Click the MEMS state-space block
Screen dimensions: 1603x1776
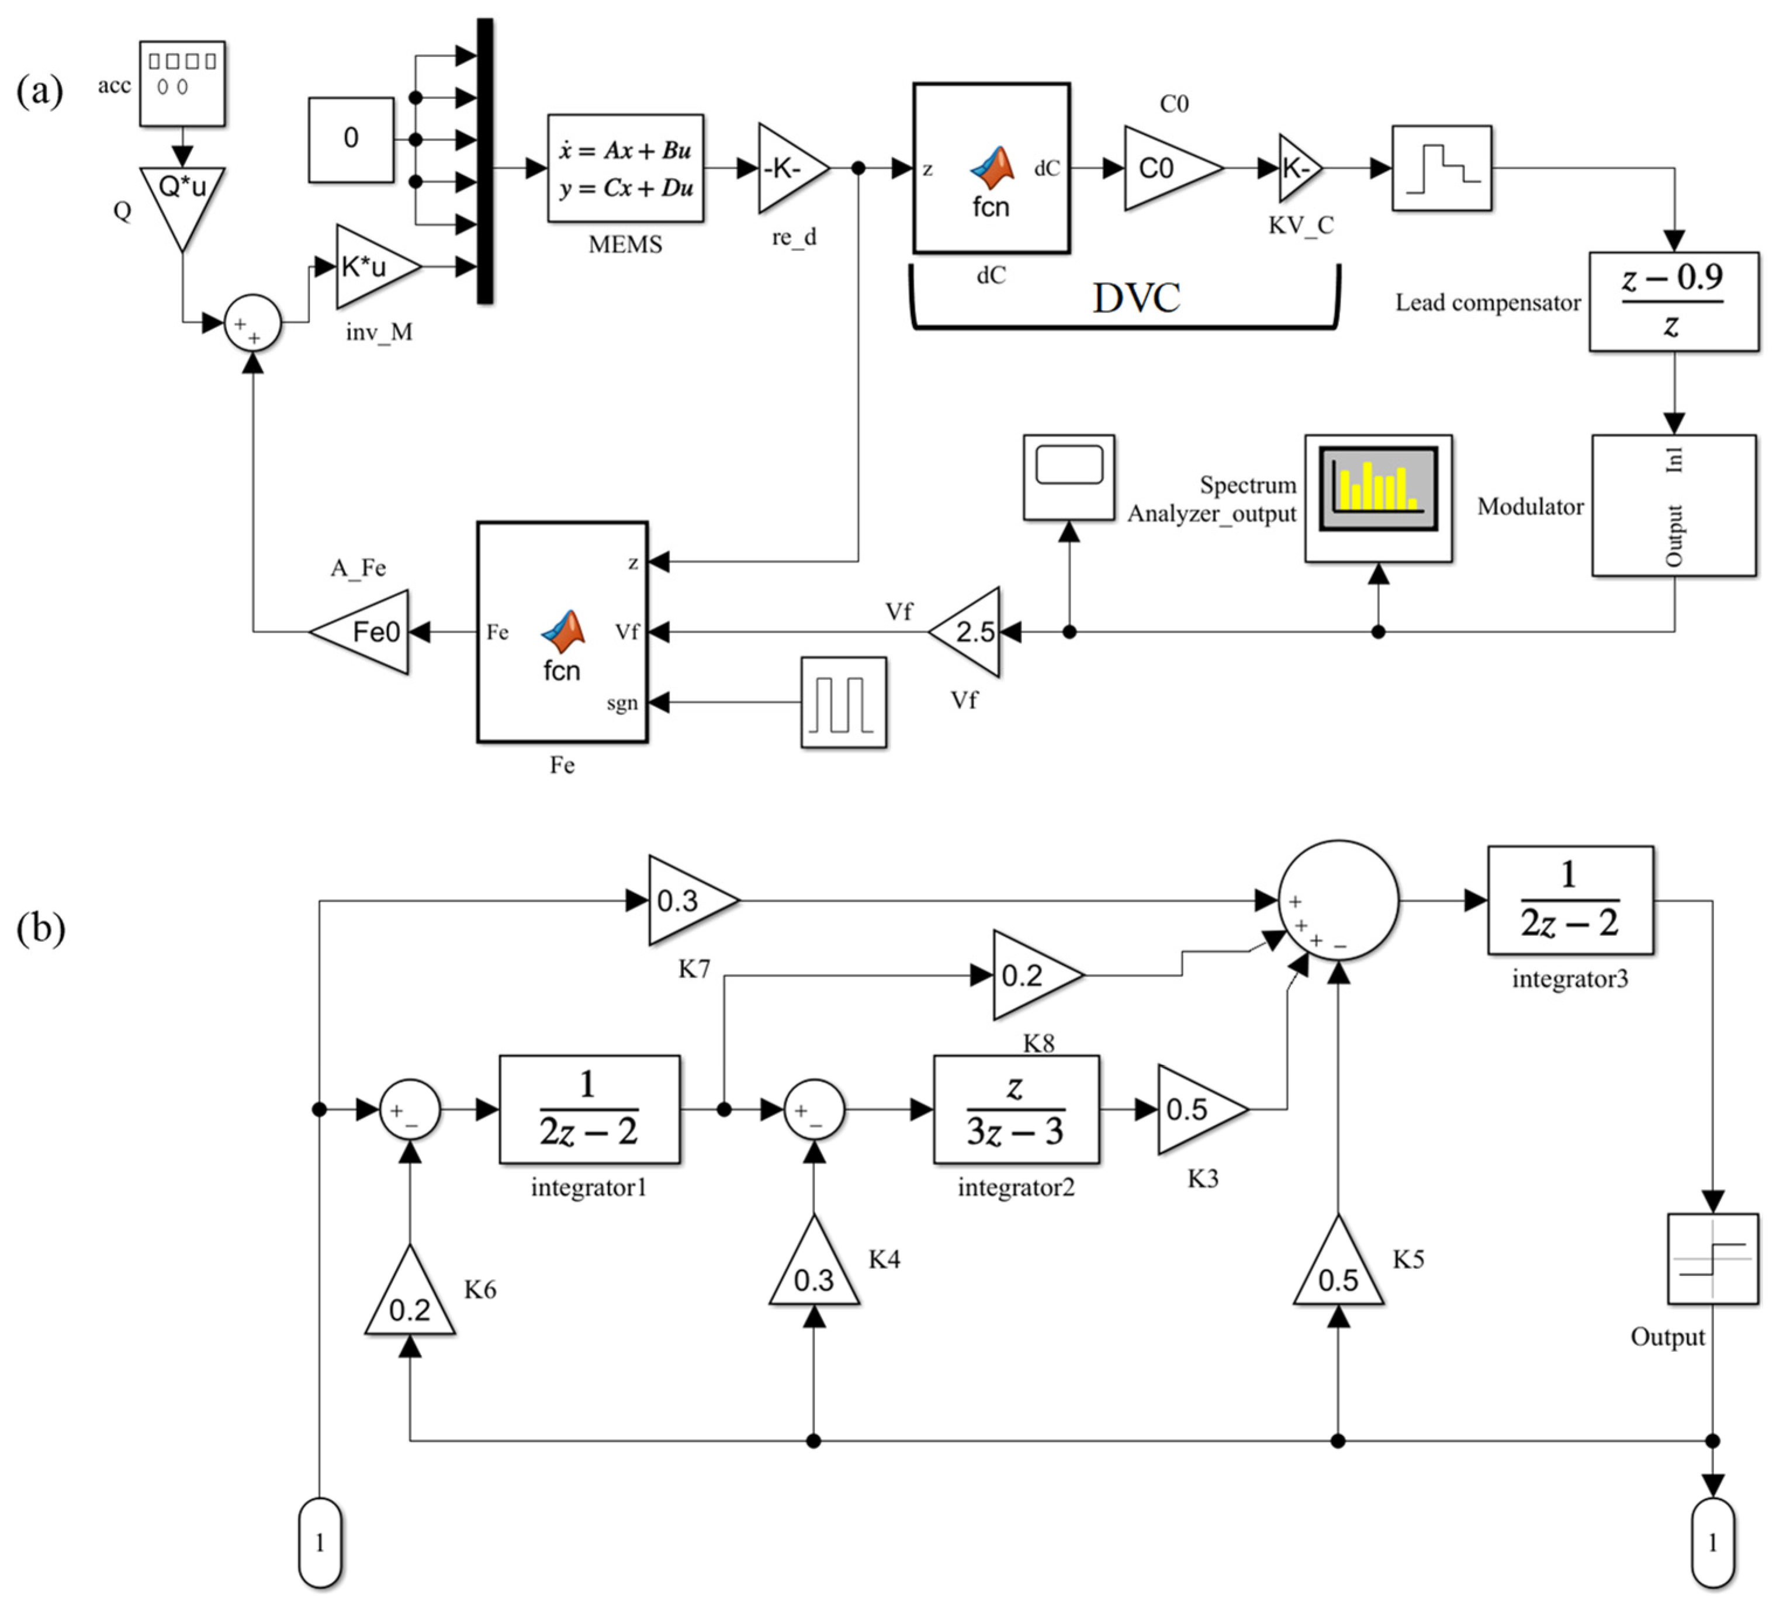pyautogui.click(x=625, y=168)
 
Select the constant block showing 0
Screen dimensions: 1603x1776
pyautogui.click(x=351, y=139)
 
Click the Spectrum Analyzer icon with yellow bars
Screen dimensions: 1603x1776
pyautogui.click(x=1378, y=490)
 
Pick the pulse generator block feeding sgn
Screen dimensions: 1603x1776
pyautogui.click(x=843, y=702)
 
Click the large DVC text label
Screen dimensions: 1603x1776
pyautogui.click(x=1137, y=298)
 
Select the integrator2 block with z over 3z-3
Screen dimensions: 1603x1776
pyautogui.click(x=1016, y=1110)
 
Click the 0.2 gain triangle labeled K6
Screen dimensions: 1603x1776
pyautogui.click(x=410, y=1300)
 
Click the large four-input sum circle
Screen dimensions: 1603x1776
pyautogui.click(x=1337, y=900)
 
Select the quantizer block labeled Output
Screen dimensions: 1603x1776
pyautogui.click(x=1712, y=1259)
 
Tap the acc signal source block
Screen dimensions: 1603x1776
pyautogui.click(x=182, y=83)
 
